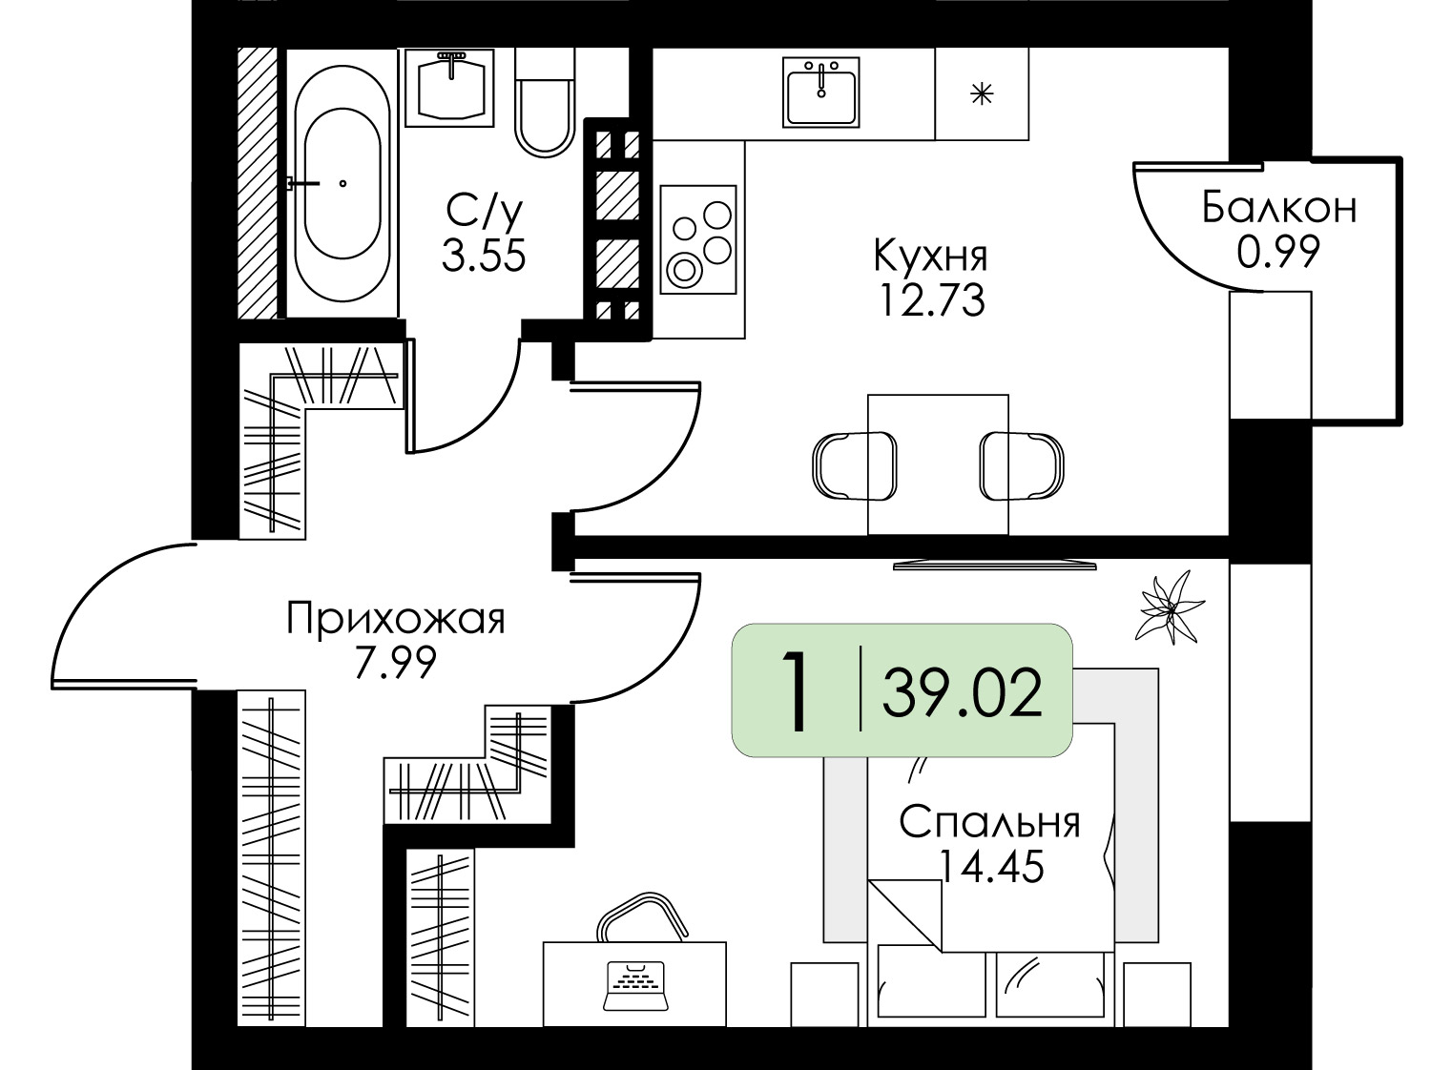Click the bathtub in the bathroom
342,183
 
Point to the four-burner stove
698,239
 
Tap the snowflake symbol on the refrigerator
982,94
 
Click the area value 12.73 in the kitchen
931,301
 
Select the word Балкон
1278,207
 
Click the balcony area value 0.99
1278,252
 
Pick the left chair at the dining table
852,465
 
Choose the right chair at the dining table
1024,465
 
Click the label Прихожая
395,619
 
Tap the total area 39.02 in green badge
962,693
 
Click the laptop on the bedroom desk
634,985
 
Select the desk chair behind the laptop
643,917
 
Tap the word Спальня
989,821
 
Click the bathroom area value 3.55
484,256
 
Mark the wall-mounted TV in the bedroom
994,566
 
